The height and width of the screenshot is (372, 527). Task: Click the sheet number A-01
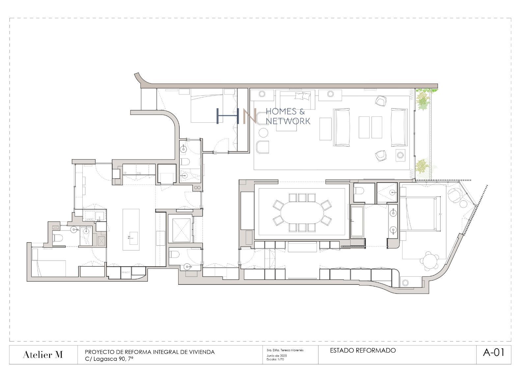[x=493, y=353]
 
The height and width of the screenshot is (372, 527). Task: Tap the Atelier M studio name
[x=43, y=355]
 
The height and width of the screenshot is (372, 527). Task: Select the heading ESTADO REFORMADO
[x=363, y=351]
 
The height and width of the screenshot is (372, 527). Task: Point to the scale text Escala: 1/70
[x=275, y=360]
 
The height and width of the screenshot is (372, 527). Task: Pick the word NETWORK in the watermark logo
[x=288, y=121]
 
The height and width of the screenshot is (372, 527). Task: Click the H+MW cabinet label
[x=125, y=273]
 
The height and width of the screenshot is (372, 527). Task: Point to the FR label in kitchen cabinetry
[x=125, y=173]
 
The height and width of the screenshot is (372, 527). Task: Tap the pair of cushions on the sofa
[x=303, y=96]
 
